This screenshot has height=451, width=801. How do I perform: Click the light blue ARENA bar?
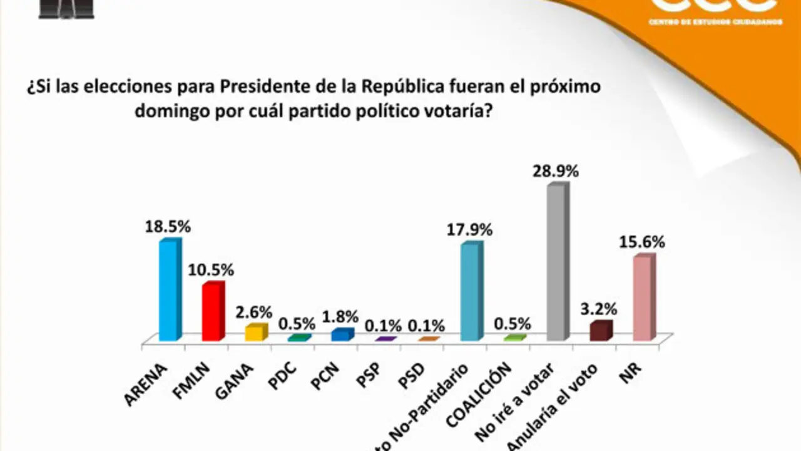(x=169, y=291)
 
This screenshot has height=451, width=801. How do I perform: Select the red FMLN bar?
(x=212, y=313)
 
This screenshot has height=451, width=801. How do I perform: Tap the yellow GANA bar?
(x=255, y=333)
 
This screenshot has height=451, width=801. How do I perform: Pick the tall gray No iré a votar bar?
(x=557, y=263)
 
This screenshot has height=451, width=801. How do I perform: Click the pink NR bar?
(x=643, y=299)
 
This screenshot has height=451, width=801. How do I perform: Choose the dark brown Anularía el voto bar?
(x=600, y=331)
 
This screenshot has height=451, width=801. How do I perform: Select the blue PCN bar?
(x=342, y=335)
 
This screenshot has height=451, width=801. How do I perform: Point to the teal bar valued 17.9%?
(x=471, y=293)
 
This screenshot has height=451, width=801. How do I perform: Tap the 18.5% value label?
(x=168, y=226)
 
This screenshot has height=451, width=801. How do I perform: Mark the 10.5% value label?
(x=212, y=270)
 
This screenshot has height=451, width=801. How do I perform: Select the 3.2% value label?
(x=599, y=309)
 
